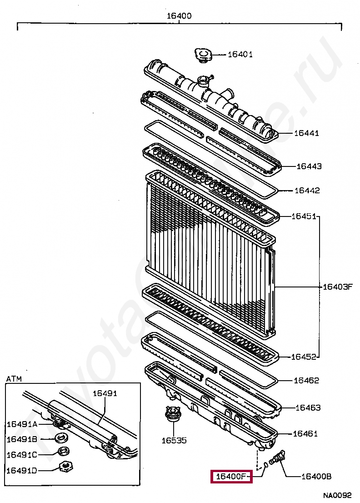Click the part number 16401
click(240, 55)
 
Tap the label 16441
click(306, 133)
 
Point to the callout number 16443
click(309, 166)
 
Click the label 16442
click(307, 191)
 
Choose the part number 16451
click(304, 216)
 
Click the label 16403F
click(338, 287)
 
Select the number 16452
click(304, 357)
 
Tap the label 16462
click(306, 381)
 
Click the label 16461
click(305, 434)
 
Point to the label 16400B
click(316, 477)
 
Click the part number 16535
click(174, 440)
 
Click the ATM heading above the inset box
click(14, 378)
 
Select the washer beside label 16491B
click(61, 438)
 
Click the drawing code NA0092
click(337, 495)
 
